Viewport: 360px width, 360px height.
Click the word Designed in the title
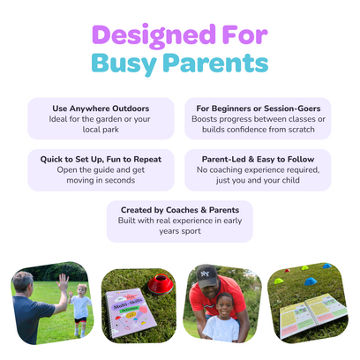pos(154,36)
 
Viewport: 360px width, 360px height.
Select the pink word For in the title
pos(245,34)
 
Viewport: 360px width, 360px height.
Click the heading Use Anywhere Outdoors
pos(101,109)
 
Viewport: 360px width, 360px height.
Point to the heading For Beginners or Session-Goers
pos(259,109)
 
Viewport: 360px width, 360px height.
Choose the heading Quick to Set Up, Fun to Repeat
pos(101,160)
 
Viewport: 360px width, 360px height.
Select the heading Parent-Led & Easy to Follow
pos(258,160)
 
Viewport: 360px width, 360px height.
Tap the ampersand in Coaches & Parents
pos(204,210)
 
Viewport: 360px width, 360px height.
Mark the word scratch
pos(301,130)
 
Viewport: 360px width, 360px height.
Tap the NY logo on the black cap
pos(205,274)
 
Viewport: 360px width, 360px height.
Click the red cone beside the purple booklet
pos(161,284)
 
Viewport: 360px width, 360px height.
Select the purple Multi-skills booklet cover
pos(127,313)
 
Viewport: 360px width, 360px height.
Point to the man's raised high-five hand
pos(63,282)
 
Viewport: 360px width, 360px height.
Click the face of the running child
pos(82,289)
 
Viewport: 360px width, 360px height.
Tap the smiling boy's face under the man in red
pos(224,306)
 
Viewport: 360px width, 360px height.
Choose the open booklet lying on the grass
pos(312,315)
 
